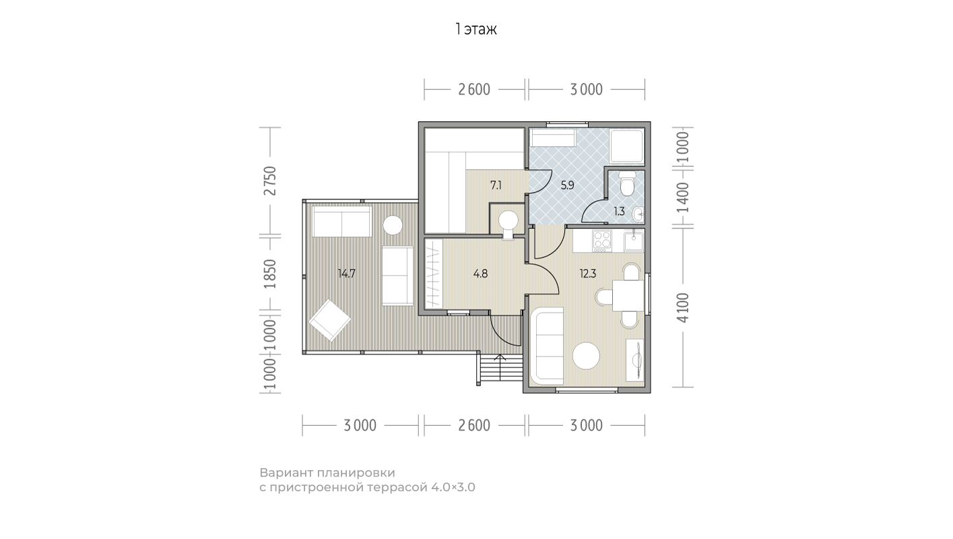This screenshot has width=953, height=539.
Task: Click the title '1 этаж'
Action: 476,29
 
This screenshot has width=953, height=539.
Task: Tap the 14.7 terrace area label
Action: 346,274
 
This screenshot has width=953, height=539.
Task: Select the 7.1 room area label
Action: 496,185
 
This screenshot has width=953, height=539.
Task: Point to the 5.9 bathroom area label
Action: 567,185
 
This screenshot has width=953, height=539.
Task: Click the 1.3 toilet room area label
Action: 619,211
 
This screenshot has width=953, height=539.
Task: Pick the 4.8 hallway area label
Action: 480,274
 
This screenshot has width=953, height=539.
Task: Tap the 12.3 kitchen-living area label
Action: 587,274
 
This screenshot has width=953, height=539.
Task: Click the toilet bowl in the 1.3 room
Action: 626,183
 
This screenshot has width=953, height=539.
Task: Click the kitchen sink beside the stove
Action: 634,241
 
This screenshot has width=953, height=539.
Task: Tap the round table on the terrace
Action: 393,225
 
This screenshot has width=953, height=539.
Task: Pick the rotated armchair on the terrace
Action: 330,320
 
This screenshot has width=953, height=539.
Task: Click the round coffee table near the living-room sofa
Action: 586,356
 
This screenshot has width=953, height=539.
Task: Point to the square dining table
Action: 628,296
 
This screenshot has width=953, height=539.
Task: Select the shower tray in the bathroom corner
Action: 626,146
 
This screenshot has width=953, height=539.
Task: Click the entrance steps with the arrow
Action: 500,369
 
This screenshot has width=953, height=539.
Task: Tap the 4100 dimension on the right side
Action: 683,308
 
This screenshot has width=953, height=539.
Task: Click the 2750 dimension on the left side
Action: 270,181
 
